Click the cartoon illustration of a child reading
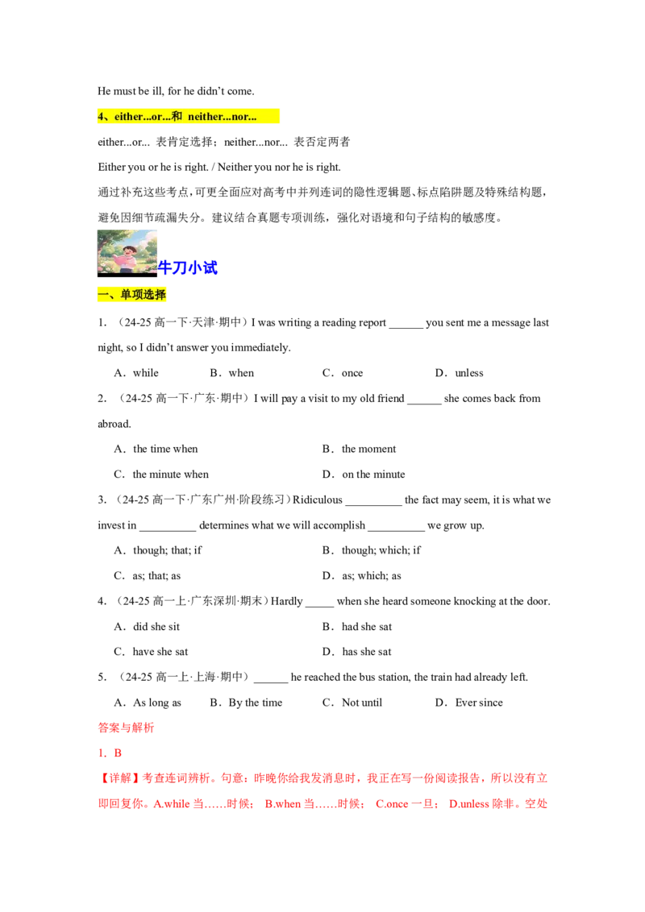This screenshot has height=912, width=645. click(x=127, y=253)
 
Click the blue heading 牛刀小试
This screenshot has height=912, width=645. click(x=187, y=267)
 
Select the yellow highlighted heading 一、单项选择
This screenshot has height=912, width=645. click(x=131, y=295)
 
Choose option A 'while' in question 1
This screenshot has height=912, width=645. click(x=136, y=373)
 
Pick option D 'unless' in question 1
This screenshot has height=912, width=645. click(x=460, y=373)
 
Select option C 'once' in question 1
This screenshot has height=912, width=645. click(x=343, y=373)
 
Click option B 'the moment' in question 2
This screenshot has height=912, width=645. click(x=359, y=449)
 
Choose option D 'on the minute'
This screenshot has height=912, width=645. click(x=364, y=474)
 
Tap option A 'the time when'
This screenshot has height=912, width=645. click(x=156, y=449)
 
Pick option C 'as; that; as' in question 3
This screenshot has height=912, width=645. click(x=148, y=576)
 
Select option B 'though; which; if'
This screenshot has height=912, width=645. click(x=372, y=550)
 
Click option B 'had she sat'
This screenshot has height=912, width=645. click(x=357, y=627)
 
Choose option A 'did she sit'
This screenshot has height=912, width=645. click(x=147, y=627)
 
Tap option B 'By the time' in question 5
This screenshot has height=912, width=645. click(x=246, y=703)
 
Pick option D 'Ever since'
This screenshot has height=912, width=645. click(x=468, y=703)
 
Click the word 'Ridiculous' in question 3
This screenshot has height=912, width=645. click(x=318, y=500)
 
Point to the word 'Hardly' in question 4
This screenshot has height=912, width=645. click(x=286, y=601)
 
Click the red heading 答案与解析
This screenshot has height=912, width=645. click(x=126, y=728)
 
